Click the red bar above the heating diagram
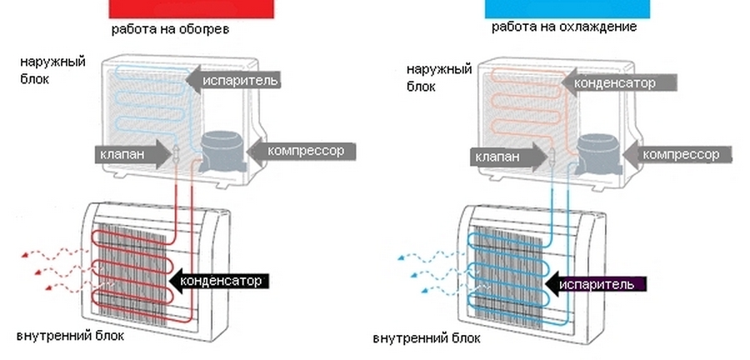192,9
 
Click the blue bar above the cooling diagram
567,9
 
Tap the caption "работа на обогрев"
170,30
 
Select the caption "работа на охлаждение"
564,27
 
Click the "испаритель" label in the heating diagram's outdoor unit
240,80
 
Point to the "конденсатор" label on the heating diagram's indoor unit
221,281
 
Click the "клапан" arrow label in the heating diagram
122,154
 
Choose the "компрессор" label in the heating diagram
306,151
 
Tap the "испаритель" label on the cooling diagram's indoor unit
597,284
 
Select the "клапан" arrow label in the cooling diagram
498,157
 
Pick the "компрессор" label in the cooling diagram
681,154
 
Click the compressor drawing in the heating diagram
222,151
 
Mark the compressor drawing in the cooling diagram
598,152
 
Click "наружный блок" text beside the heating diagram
52,70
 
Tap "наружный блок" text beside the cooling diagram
439,77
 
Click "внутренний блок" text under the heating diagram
70,336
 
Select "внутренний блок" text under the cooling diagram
427,338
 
